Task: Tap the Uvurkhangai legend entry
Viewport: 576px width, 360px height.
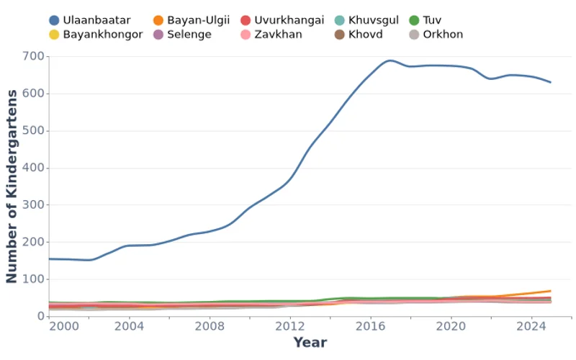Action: (289, 20)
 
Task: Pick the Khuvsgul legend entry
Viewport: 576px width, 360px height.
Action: (373, 20)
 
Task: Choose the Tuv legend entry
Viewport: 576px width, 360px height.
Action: (432, 20)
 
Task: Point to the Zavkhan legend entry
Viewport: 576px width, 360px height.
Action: (278, 34)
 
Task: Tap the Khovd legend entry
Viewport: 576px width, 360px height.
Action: (365, 34)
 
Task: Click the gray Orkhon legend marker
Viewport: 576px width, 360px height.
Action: (414, 34)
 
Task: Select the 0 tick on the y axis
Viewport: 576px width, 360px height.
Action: (40, 316)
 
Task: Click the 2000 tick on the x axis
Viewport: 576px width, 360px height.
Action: (65, 325)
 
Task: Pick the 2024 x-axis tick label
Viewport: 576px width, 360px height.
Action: (531, 325)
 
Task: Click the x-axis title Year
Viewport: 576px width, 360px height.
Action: (310, 343)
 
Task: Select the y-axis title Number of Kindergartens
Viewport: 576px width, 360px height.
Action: (12, 186)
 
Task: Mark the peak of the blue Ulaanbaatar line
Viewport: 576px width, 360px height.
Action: (390, 60)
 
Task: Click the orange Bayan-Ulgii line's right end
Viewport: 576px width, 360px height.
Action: (551, 291)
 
